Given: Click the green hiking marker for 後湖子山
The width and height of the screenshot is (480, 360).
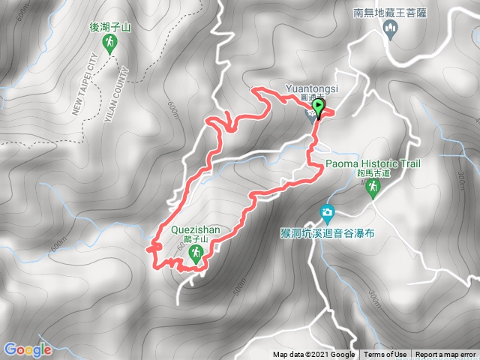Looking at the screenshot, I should click(110, 44).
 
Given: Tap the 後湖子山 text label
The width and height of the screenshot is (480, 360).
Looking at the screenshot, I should click(110, 28).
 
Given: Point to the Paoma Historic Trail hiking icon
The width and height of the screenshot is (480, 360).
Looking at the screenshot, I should click(373, 187).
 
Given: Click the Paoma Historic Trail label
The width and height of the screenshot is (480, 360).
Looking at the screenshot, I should click(373, 163).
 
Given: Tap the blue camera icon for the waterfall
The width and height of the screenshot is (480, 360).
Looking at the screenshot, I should click(326, 213).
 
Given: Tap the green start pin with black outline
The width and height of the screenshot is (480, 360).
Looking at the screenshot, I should click(319, 109).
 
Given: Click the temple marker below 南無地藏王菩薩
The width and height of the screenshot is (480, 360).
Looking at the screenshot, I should click(388, 29).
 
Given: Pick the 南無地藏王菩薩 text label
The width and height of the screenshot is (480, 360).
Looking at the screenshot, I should click(388, 12).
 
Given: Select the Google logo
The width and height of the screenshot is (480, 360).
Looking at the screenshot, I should click(27, 349).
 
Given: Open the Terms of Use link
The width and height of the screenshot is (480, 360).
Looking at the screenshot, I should click(385, 355).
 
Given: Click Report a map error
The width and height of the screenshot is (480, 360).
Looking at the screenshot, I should click(445, 355).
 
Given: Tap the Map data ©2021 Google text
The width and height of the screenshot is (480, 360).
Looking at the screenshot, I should click(313, 355).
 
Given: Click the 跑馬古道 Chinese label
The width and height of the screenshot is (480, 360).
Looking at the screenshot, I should click(373, 172).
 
